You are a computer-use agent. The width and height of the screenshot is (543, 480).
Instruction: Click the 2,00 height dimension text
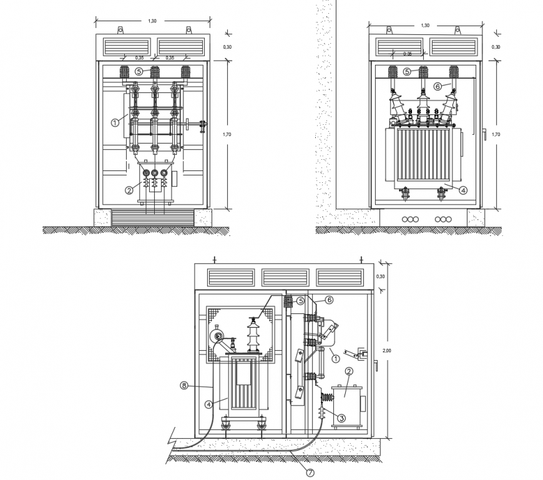click(388, 351)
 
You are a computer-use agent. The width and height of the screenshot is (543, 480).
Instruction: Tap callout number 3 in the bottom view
click(342, 417)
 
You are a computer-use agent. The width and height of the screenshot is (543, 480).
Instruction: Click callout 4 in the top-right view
click(462, 191)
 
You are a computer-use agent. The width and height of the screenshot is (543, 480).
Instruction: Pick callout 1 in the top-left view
click(115, 123)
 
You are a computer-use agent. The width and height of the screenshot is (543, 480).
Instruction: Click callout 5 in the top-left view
click(139, 72)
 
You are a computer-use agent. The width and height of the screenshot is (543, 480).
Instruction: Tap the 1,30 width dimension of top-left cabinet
click(152, 21)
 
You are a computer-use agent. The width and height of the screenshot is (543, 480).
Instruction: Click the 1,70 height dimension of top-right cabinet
click(496, 134)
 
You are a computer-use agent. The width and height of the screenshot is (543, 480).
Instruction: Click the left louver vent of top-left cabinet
click(127, 46)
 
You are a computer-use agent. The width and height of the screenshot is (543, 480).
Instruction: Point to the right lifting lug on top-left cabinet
click(188, 29)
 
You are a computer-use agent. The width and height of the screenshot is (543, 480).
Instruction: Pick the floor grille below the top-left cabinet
click(152, 218)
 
